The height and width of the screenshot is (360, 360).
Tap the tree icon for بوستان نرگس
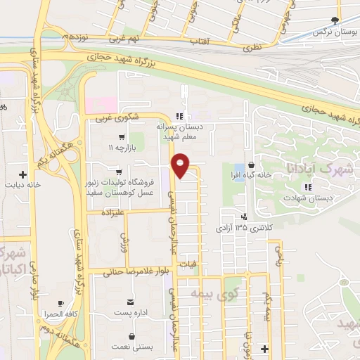tap(335, 21)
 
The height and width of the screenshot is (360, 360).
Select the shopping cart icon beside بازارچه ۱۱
tap(122, 137)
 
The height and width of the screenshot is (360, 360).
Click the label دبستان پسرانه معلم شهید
tap(178, 131)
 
